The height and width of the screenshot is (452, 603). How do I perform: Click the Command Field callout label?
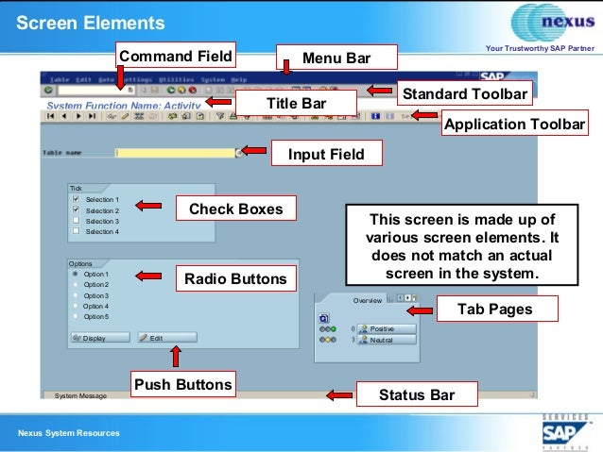click(175, 55)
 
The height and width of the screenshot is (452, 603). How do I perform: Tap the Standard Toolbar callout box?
click(465, 93)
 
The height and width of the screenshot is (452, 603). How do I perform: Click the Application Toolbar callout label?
click(514, 125)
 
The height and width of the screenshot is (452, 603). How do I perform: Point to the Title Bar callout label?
click(296, 101)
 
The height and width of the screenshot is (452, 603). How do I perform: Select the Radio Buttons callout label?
click(234, 278)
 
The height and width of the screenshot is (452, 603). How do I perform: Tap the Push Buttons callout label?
click(183, 384)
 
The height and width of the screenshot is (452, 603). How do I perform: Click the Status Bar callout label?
click(416, 394)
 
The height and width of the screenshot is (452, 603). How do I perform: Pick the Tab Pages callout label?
click(494, 309)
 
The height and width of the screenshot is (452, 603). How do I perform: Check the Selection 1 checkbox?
click(76, 200)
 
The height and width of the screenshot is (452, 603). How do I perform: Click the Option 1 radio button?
click(75, 274)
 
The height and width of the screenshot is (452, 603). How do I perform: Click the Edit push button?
click(167, 337)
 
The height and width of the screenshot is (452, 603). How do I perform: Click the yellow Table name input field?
click(175, 152)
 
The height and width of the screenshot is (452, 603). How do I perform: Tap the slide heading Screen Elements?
click(91, 23)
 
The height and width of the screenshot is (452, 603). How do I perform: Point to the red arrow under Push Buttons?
click(173, 356)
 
